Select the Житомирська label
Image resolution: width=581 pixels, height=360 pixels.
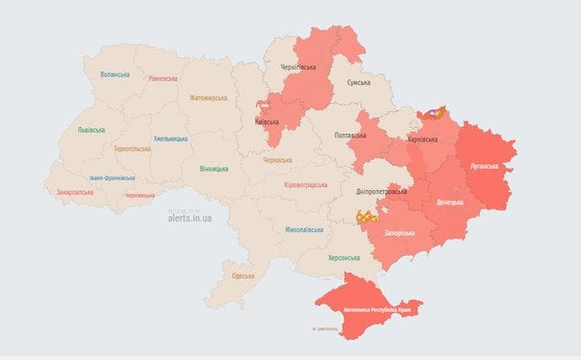(207, 97)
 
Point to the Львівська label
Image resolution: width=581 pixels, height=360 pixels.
(92, 130)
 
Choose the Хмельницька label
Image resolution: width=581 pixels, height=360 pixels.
(171, 138)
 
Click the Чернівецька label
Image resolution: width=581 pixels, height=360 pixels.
(140, 195)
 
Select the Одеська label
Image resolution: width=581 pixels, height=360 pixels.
(243, 276)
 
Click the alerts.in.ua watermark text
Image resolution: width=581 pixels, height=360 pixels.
(189, 219)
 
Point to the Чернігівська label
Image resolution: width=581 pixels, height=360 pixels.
(298, 69)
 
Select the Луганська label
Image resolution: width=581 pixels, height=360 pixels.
(484, 165)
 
